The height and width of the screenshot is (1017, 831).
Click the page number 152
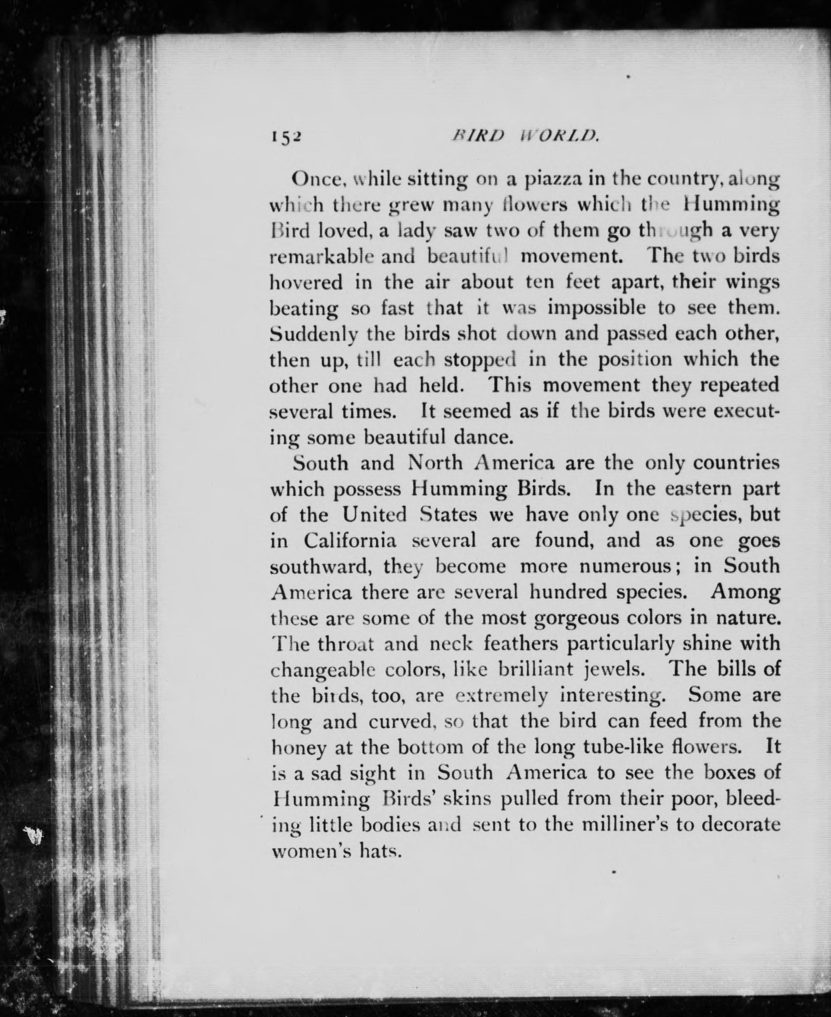286,138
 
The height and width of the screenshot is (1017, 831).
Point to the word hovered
306,283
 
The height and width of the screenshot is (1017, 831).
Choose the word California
349,540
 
